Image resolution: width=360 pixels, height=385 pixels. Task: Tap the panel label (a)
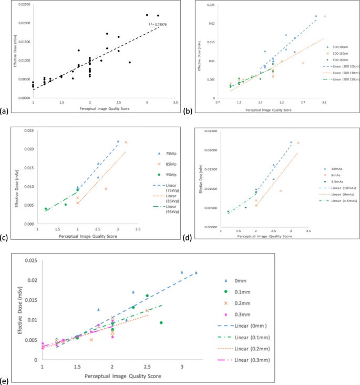5,110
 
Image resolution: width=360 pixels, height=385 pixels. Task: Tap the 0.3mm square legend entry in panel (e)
248,313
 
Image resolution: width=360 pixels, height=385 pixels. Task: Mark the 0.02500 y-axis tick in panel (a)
23,4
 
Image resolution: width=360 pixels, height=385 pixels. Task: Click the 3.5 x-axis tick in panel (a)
175,103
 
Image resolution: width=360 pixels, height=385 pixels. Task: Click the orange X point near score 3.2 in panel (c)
126,142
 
